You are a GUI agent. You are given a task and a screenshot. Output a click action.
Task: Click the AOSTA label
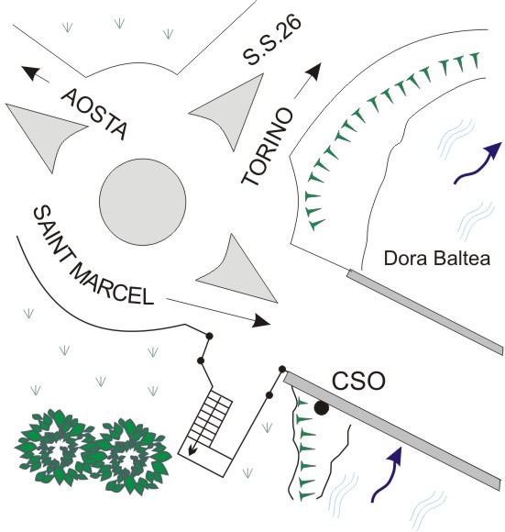click(94, 114)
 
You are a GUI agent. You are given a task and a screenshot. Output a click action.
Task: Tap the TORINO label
click(267, 147)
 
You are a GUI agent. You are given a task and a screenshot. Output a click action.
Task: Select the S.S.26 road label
click(272, 39)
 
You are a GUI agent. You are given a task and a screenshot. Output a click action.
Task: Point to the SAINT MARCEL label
click(93, 257)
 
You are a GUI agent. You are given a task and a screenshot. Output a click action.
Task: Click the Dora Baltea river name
click(437, 258)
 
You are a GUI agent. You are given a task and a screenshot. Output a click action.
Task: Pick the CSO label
click(358, 381)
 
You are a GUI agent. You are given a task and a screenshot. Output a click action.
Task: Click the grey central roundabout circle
click(143, 202)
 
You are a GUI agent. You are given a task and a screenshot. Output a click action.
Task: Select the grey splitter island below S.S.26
click(230, 108)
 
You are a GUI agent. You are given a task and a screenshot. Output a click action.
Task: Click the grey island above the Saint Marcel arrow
click(237, 272)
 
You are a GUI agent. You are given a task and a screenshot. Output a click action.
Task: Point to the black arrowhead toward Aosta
click(30, 72)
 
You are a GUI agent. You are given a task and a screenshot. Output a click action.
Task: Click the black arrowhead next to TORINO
click(314, 72)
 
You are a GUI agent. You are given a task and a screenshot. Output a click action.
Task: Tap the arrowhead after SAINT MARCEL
click(261, 321)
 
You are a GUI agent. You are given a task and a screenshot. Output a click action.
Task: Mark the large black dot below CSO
click(322, 408)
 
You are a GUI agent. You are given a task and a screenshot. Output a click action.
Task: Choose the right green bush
click(130, 457)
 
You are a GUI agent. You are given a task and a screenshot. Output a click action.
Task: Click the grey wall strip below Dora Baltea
click(424, 312)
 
